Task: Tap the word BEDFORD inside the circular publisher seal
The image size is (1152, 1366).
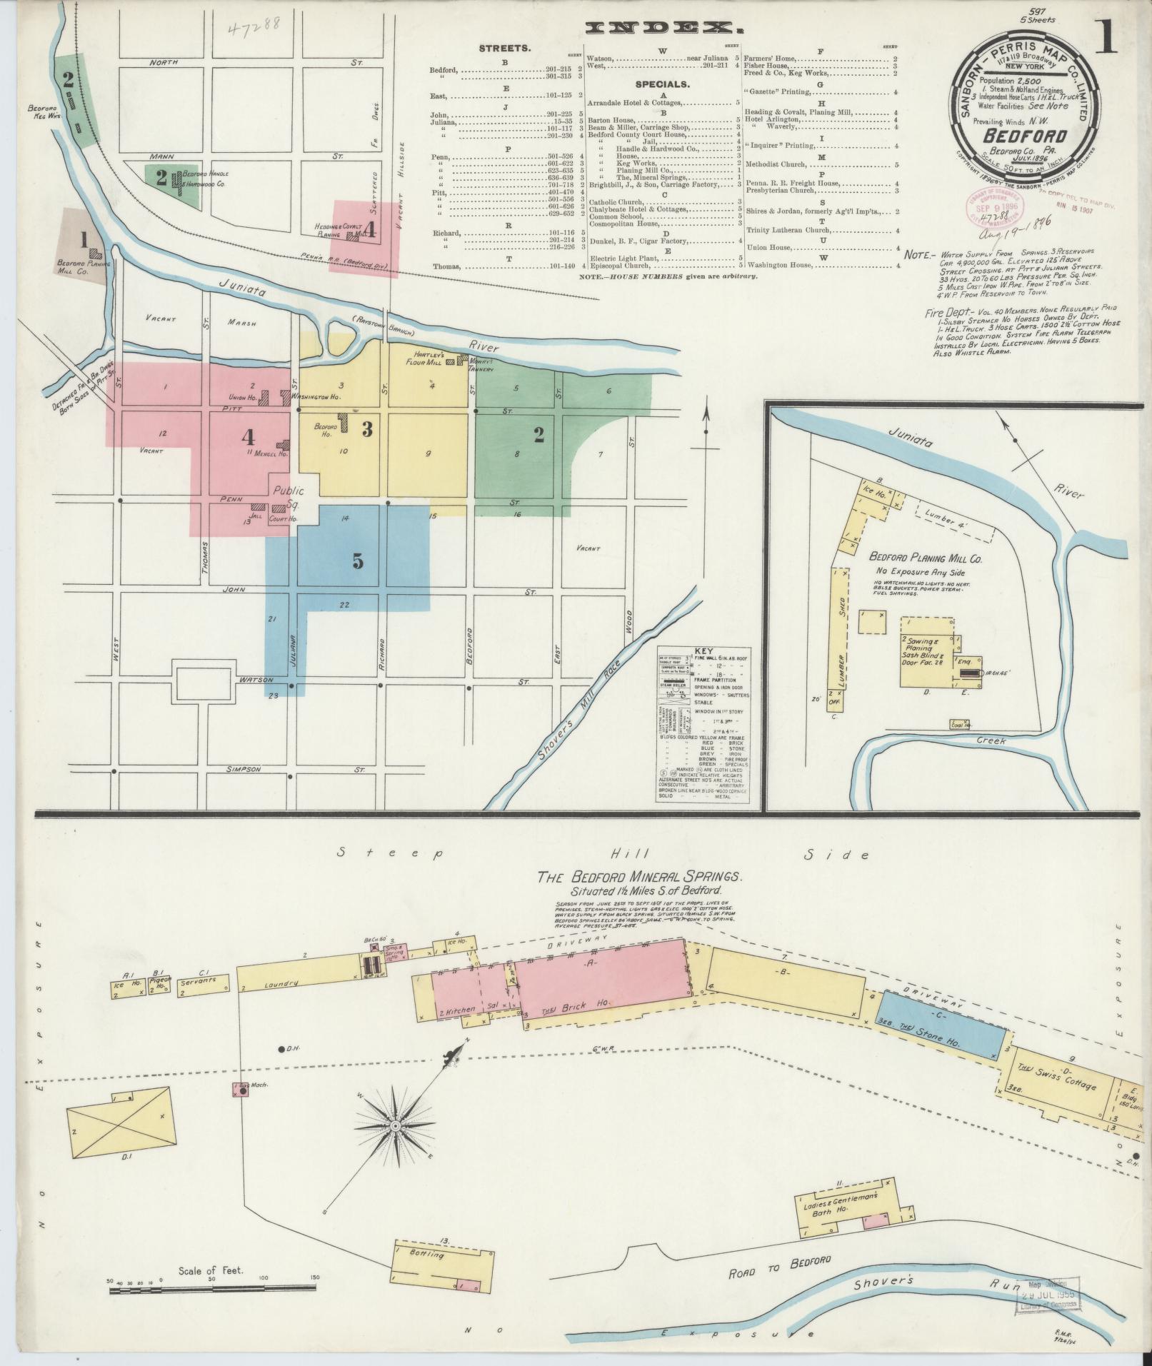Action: pos(1025,136)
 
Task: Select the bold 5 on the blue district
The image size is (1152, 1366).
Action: pos(357,561)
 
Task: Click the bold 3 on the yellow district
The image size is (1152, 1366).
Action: pos(367,429)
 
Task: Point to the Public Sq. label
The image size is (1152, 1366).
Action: pos(291,496)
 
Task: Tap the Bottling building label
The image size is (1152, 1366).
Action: pos(428,1254)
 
